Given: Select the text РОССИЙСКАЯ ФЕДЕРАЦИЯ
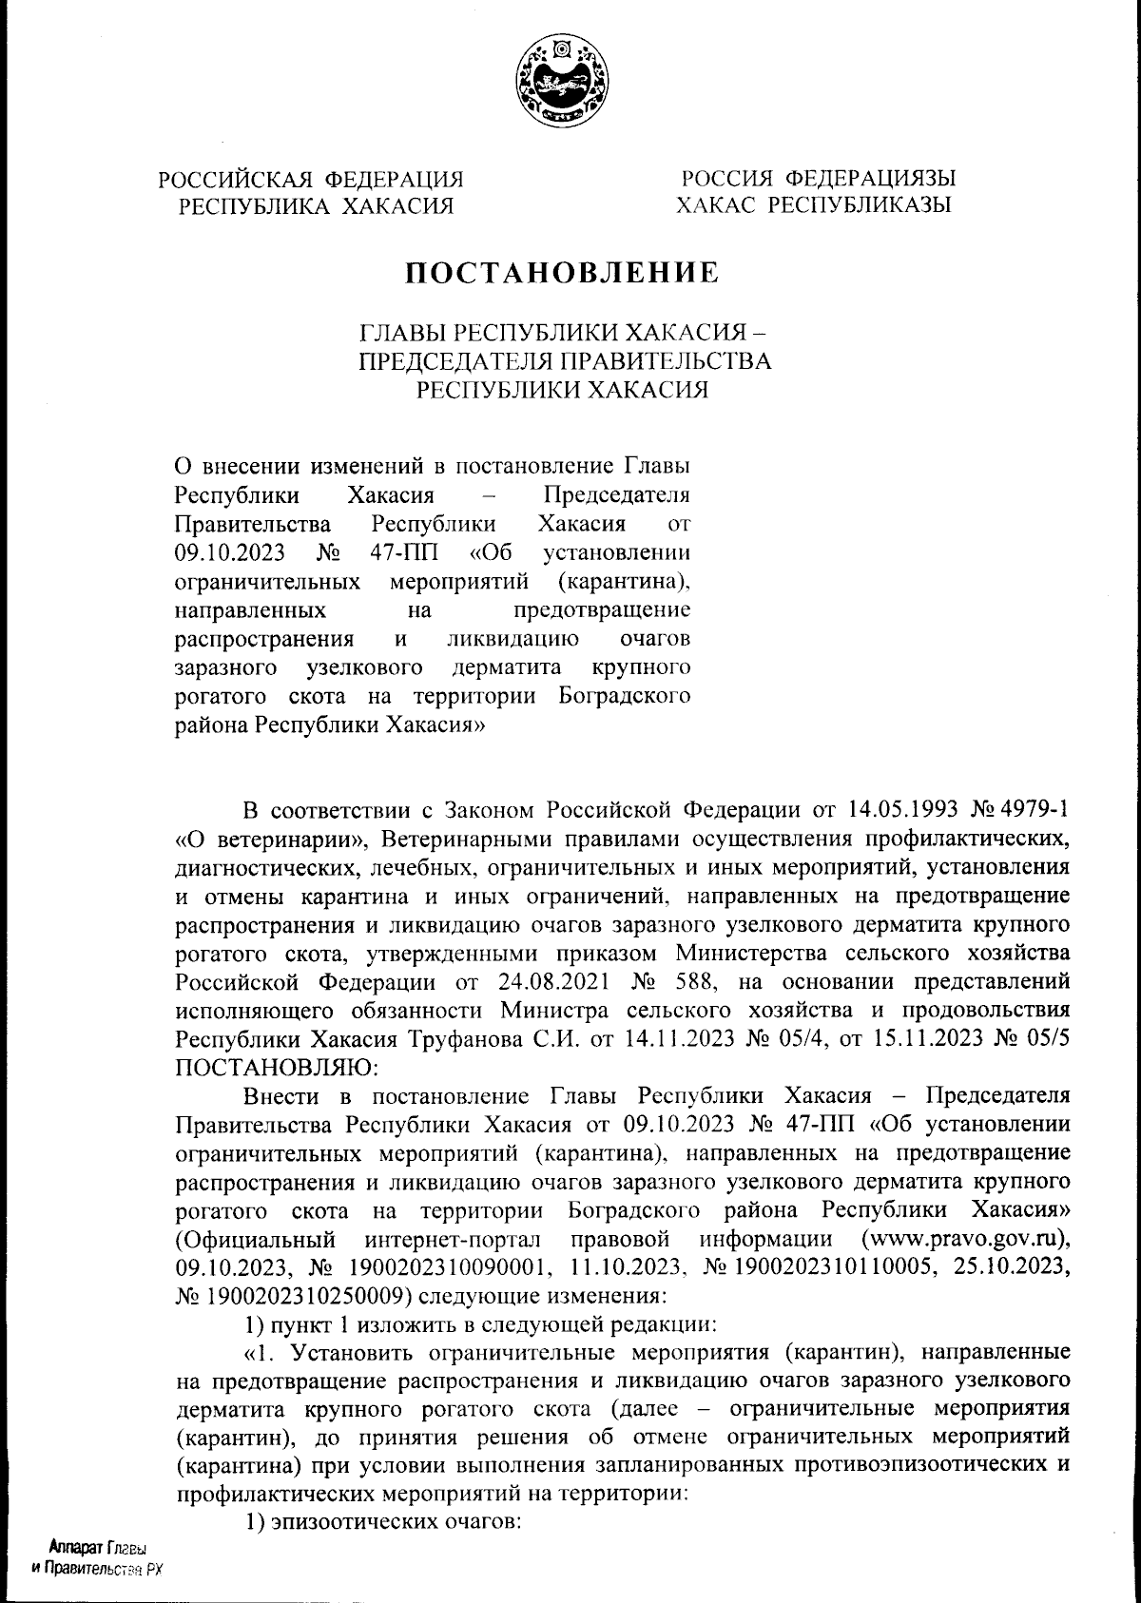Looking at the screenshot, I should tap(311, 179).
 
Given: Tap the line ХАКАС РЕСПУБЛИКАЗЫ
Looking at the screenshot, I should tap(815, 204).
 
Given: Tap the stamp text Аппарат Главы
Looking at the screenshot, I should tap(94, 1547).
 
